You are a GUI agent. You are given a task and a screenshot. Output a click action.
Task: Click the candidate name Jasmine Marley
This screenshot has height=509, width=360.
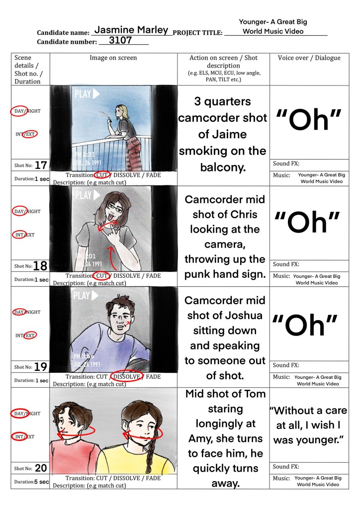[x=131, y=30]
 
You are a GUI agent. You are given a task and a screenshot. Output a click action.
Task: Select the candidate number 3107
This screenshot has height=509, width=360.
[x=120, y=40]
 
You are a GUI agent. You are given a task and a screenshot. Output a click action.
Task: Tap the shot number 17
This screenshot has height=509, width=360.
[x=41, y=165]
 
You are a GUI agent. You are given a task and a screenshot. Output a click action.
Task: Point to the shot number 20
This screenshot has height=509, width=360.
[x=41, y=468]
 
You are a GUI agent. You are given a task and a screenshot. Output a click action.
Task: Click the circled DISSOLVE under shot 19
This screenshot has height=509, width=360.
[x=127, y=377]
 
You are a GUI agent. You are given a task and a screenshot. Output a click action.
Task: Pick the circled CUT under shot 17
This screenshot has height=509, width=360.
[x=101, y=175]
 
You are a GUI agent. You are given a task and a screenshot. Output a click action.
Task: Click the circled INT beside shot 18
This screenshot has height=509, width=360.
[x=19, y=235]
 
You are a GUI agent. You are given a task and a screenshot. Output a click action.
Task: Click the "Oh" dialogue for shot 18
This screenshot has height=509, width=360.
[x=307, y=222]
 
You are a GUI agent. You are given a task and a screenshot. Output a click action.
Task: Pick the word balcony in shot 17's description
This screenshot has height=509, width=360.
[x=223, y=168]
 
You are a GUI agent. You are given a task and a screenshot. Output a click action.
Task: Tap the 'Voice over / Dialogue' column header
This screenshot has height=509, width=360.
[x=309, y=58]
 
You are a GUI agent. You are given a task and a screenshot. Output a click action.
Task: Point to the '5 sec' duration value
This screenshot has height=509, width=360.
[x=42, y=482]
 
